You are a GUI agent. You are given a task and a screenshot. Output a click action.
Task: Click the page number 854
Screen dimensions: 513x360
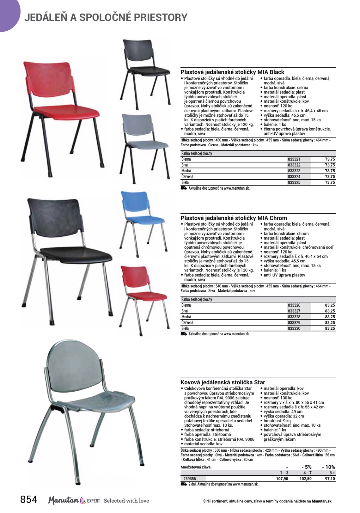[x=29, y=499]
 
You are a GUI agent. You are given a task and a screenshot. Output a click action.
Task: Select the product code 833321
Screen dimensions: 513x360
[x=294, y=159]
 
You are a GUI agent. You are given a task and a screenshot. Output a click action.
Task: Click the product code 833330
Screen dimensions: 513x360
[x=294, y=328]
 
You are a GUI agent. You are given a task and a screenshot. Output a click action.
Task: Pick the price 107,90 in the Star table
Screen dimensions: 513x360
[x=282, y=479]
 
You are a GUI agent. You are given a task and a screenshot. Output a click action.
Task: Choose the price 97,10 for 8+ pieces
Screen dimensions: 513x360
[x=330, y=479]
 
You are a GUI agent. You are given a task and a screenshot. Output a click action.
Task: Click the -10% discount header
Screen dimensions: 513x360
[x=328, y=467]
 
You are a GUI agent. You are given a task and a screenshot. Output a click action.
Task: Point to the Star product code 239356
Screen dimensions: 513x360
[x=190, y=479]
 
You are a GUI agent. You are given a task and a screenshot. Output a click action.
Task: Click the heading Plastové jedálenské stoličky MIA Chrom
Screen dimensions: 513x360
[x=234, y=218]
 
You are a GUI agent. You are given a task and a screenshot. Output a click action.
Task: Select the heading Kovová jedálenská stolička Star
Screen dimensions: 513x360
[x=223, y=382]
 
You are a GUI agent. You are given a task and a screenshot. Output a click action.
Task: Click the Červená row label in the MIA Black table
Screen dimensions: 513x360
[x=187, y=177]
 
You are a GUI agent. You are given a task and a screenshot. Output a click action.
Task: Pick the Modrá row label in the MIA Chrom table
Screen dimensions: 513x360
[x=186, y=317]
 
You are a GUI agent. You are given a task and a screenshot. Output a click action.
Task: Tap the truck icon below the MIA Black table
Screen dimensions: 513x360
[x=184, y=188]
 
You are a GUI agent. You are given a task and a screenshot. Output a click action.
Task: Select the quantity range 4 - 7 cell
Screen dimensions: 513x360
[x=307, y=473]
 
